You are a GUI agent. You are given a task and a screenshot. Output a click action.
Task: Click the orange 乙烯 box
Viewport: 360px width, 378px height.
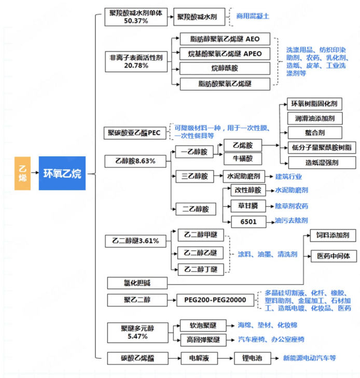(22, 173)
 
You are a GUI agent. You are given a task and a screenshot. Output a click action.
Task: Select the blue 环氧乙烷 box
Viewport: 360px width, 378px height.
(62, 173)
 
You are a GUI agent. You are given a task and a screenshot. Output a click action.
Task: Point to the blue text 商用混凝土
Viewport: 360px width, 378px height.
(253, 16)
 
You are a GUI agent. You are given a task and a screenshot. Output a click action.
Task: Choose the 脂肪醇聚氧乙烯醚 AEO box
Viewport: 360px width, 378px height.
(225, 39)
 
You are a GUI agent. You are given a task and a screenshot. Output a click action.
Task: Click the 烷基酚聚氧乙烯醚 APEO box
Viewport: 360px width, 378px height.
(225, 53)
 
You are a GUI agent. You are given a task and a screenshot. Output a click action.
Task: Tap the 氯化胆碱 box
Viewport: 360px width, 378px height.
(138, 282)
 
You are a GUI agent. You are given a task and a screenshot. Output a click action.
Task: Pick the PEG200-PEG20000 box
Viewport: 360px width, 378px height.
(215, 300)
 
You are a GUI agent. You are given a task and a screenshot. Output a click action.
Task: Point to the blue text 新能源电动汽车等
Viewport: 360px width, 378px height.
(309, 358)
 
